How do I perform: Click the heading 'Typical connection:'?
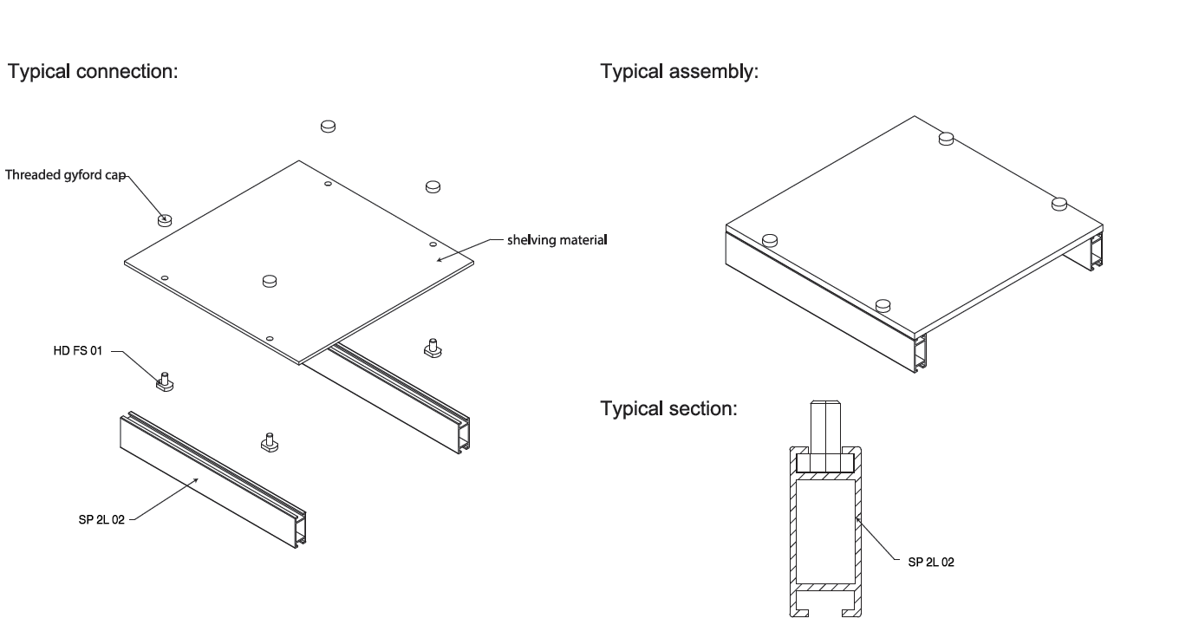coord(92,72)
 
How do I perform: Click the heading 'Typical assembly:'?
coord(679,72)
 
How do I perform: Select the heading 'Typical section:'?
coord(668,407)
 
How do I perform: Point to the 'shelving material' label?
coord(557,240)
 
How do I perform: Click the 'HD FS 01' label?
coord(79,353)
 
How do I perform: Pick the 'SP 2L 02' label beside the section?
coord(926,562)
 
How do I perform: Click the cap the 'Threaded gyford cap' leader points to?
coord(165,219)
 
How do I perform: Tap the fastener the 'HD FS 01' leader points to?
coord(164,381)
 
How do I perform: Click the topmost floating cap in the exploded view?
coord(328,126)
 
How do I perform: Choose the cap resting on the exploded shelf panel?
coord(270,280)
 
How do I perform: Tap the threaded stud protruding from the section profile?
coord(825,425)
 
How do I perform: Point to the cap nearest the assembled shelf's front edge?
coord(883,305)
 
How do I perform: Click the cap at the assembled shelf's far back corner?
coord(948,136)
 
